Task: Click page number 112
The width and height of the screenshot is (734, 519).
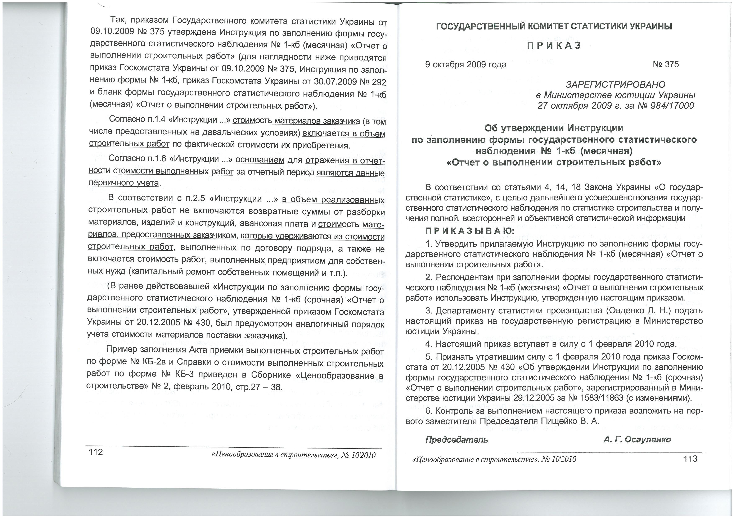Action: (x=96, y=452)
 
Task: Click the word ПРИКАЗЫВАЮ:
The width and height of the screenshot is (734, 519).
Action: (x=470, y=231)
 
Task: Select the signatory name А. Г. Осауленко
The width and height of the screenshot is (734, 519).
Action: (x=637, y=439)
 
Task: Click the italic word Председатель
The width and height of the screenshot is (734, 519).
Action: (x=456, y=440)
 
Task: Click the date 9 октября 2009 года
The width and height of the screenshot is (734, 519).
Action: (x=465, y=64)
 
